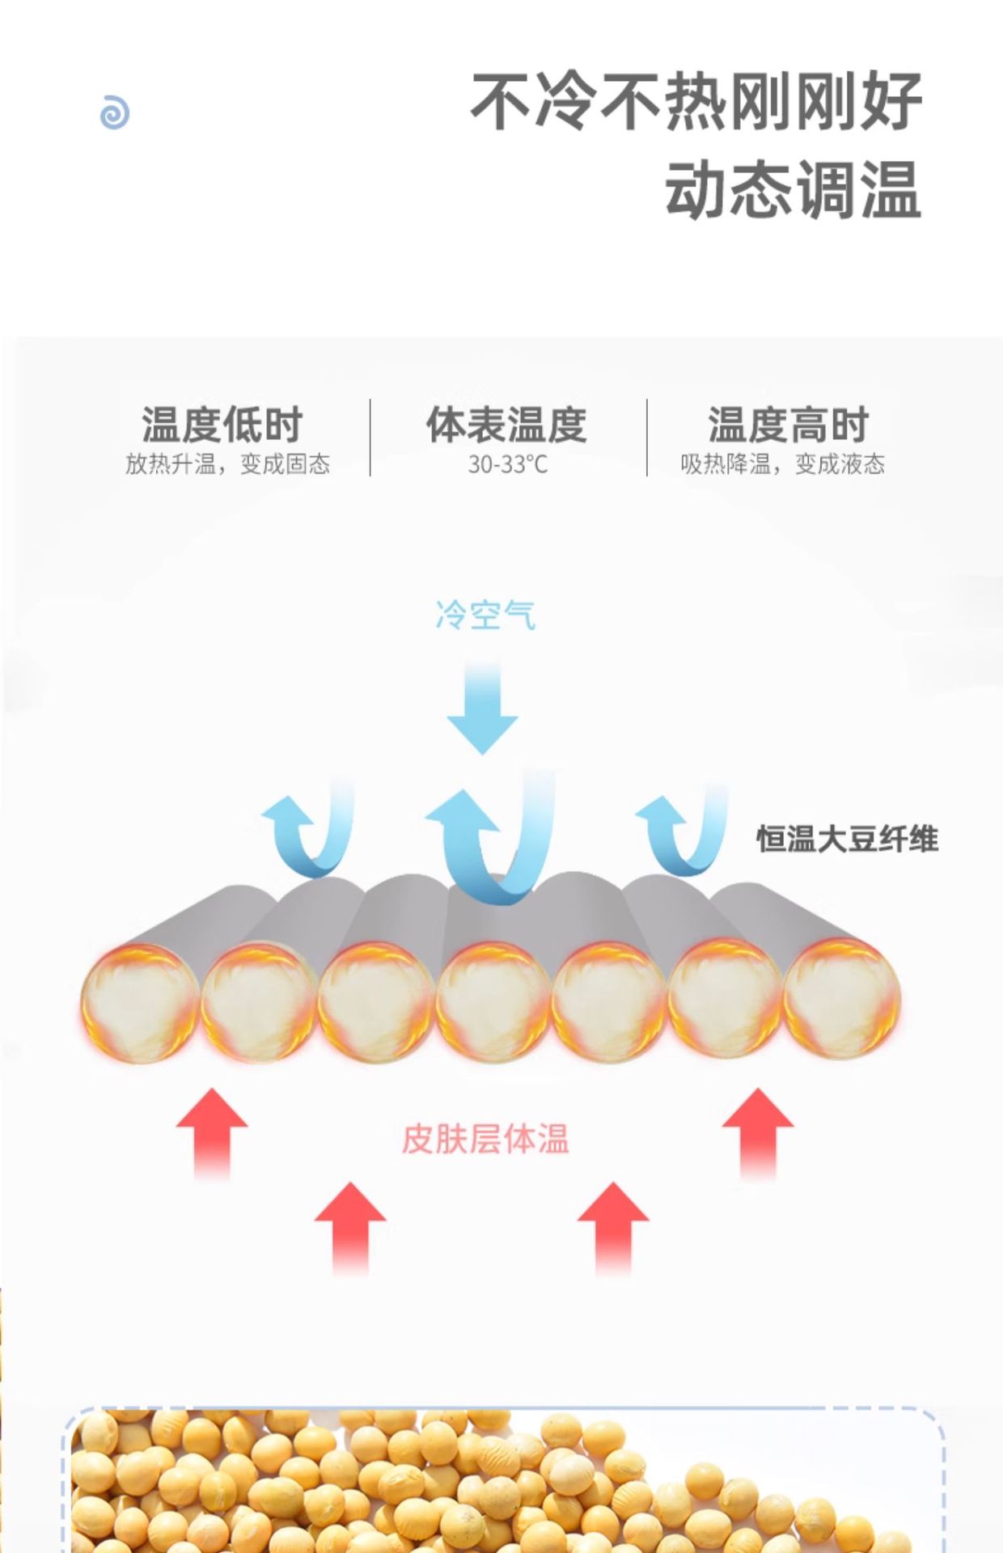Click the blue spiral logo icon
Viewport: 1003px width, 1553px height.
coord(114,112)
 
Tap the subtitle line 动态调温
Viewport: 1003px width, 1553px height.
coord(793,190)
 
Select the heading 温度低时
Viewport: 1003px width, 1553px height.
coord(222,425)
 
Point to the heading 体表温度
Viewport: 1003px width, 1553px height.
coord(507,425)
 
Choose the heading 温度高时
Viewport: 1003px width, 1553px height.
coord(788,425)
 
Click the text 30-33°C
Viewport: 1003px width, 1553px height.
coord(507,465)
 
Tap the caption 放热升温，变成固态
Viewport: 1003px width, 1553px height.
coord(227,464)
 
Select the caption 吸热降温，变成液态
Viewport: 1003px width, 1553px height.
coord(782,464)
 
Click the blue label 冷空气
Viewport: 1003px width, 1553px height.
coord(485,616)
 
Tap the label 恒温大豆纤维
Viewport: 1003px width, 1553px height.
coord(847,840)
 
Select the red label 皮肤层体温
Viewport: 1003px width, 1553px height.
coord(485,1139)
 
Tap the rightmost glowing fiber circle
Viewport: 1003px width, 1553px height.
coord(841,999)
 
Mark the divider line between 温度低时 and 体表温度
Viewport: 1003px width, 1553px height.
coord(370,437)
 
